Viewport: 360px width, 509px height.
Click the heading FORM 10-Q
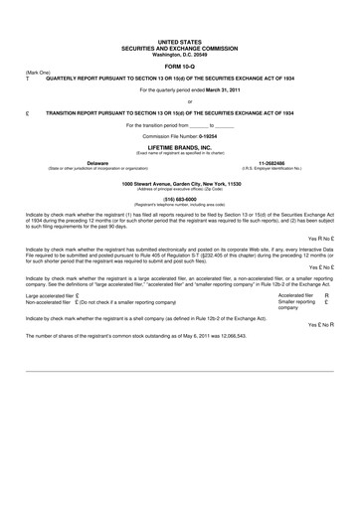(179, 68)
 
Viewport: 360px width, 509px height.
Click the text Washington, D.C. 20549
(179, 54)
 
